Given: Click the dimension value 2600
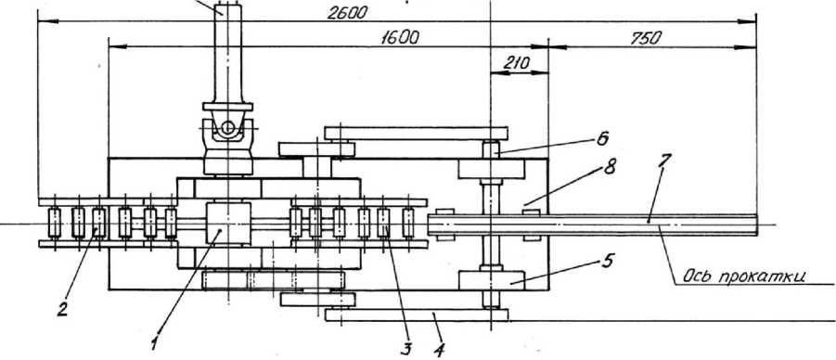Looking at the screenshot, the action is pos(347,13).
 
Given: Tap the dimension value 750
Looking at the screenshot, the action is pos(646,38).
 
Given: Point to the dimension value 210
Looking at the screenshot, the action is pos(516,63).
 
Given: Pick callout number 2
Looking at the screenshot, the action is pos(62,310).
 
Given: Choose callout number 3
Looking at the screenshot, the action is pos(405,350).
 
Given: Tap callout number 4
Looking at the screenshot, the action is pos(439,351).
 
